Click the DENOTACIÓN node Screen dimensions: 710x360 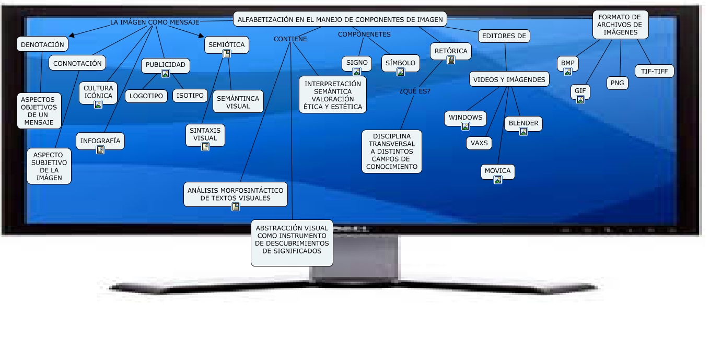42,44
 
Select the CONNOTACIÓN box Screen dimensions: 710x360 77,63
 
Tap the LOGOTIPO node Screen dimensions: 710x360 146,96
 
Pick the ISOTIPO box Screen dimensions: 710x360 190,96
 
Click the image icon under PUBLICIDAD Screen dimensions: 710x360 166,74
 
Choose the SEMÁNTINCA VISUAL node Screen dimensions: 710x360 238,102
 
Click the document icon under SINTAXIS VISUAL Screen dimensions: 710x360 205,147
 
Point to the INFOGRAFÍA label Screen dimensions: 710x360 100,141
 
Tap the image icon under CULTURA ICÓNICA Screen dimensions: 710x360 98,104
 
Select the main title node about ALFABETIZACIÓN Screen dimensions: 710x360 340,20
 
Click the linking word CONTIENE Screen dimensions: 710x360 290,39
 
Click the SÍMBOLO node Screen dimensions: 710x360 400,63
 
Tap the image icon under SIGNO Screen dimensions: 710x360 357,72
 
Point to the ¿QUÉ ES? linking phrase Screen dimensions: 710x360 415,91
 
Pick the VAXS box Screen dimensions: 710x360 479,143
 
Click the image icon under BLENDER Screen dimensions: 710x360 523,132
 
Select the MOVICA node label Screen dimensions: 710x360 498,170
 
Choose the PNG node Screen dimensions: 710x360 618,83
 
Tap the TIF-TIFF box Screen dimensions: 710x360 654,71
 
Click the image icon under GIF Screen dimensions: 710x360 580,100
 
